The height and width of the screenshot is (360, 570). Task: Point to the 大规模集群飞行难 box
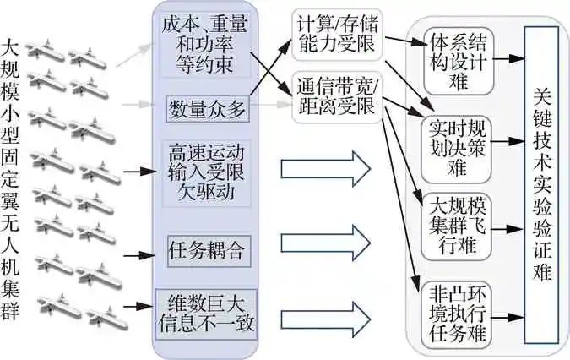pos(457,226)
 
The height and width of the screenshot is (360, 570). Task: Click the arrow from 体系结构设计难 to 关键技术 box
pos(508,59)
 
